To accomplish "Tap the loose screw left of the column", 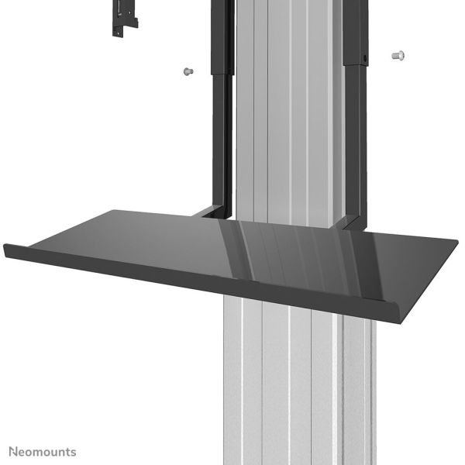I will coord(187,71).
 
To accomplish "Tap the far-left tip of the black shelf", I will coord(6,248).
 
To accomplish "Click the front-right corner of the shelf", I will coord(379,301).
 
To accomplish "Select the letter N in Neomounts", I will coord(13,450).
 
